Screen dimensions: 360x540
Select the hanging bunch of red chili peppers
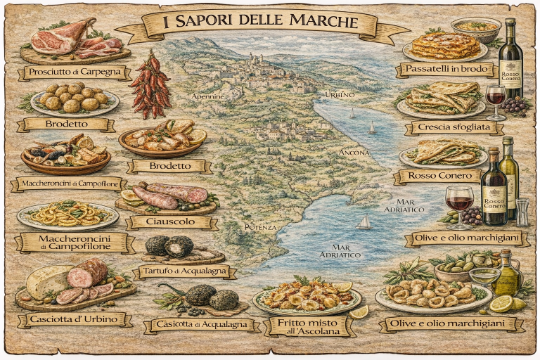150,85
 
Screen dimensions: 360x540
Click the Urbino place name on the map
340,94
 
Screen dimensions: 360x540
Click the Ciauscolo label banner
171,222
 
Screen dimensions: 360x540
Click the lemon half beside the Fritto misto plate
359,311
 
